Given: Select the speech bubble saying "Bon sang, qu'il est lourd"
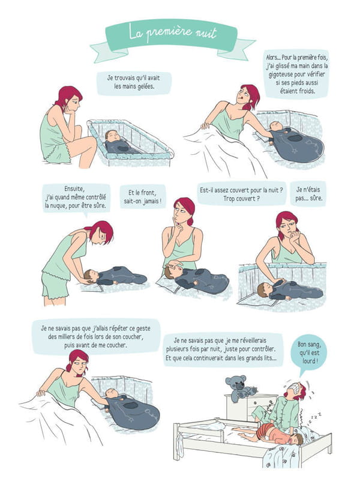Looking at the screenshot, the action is (x=309, y=352).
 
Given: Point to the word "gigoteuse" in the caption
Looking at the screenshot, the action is (x=282, y=74).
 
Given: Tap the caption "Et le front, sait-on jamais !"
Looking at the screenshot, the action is (x=143, y=197).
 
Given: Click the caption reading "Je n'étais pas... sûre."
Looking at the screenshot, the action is (x=308, y=194).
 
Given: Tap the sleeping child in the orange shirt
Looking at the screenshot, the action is (x=272, y=433).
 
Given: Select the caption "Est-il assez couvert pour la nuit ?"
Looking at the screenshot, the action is (x=241, y=190).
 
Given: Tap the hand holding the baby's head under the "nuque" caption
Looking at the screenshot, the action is (x=86, y=280).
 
